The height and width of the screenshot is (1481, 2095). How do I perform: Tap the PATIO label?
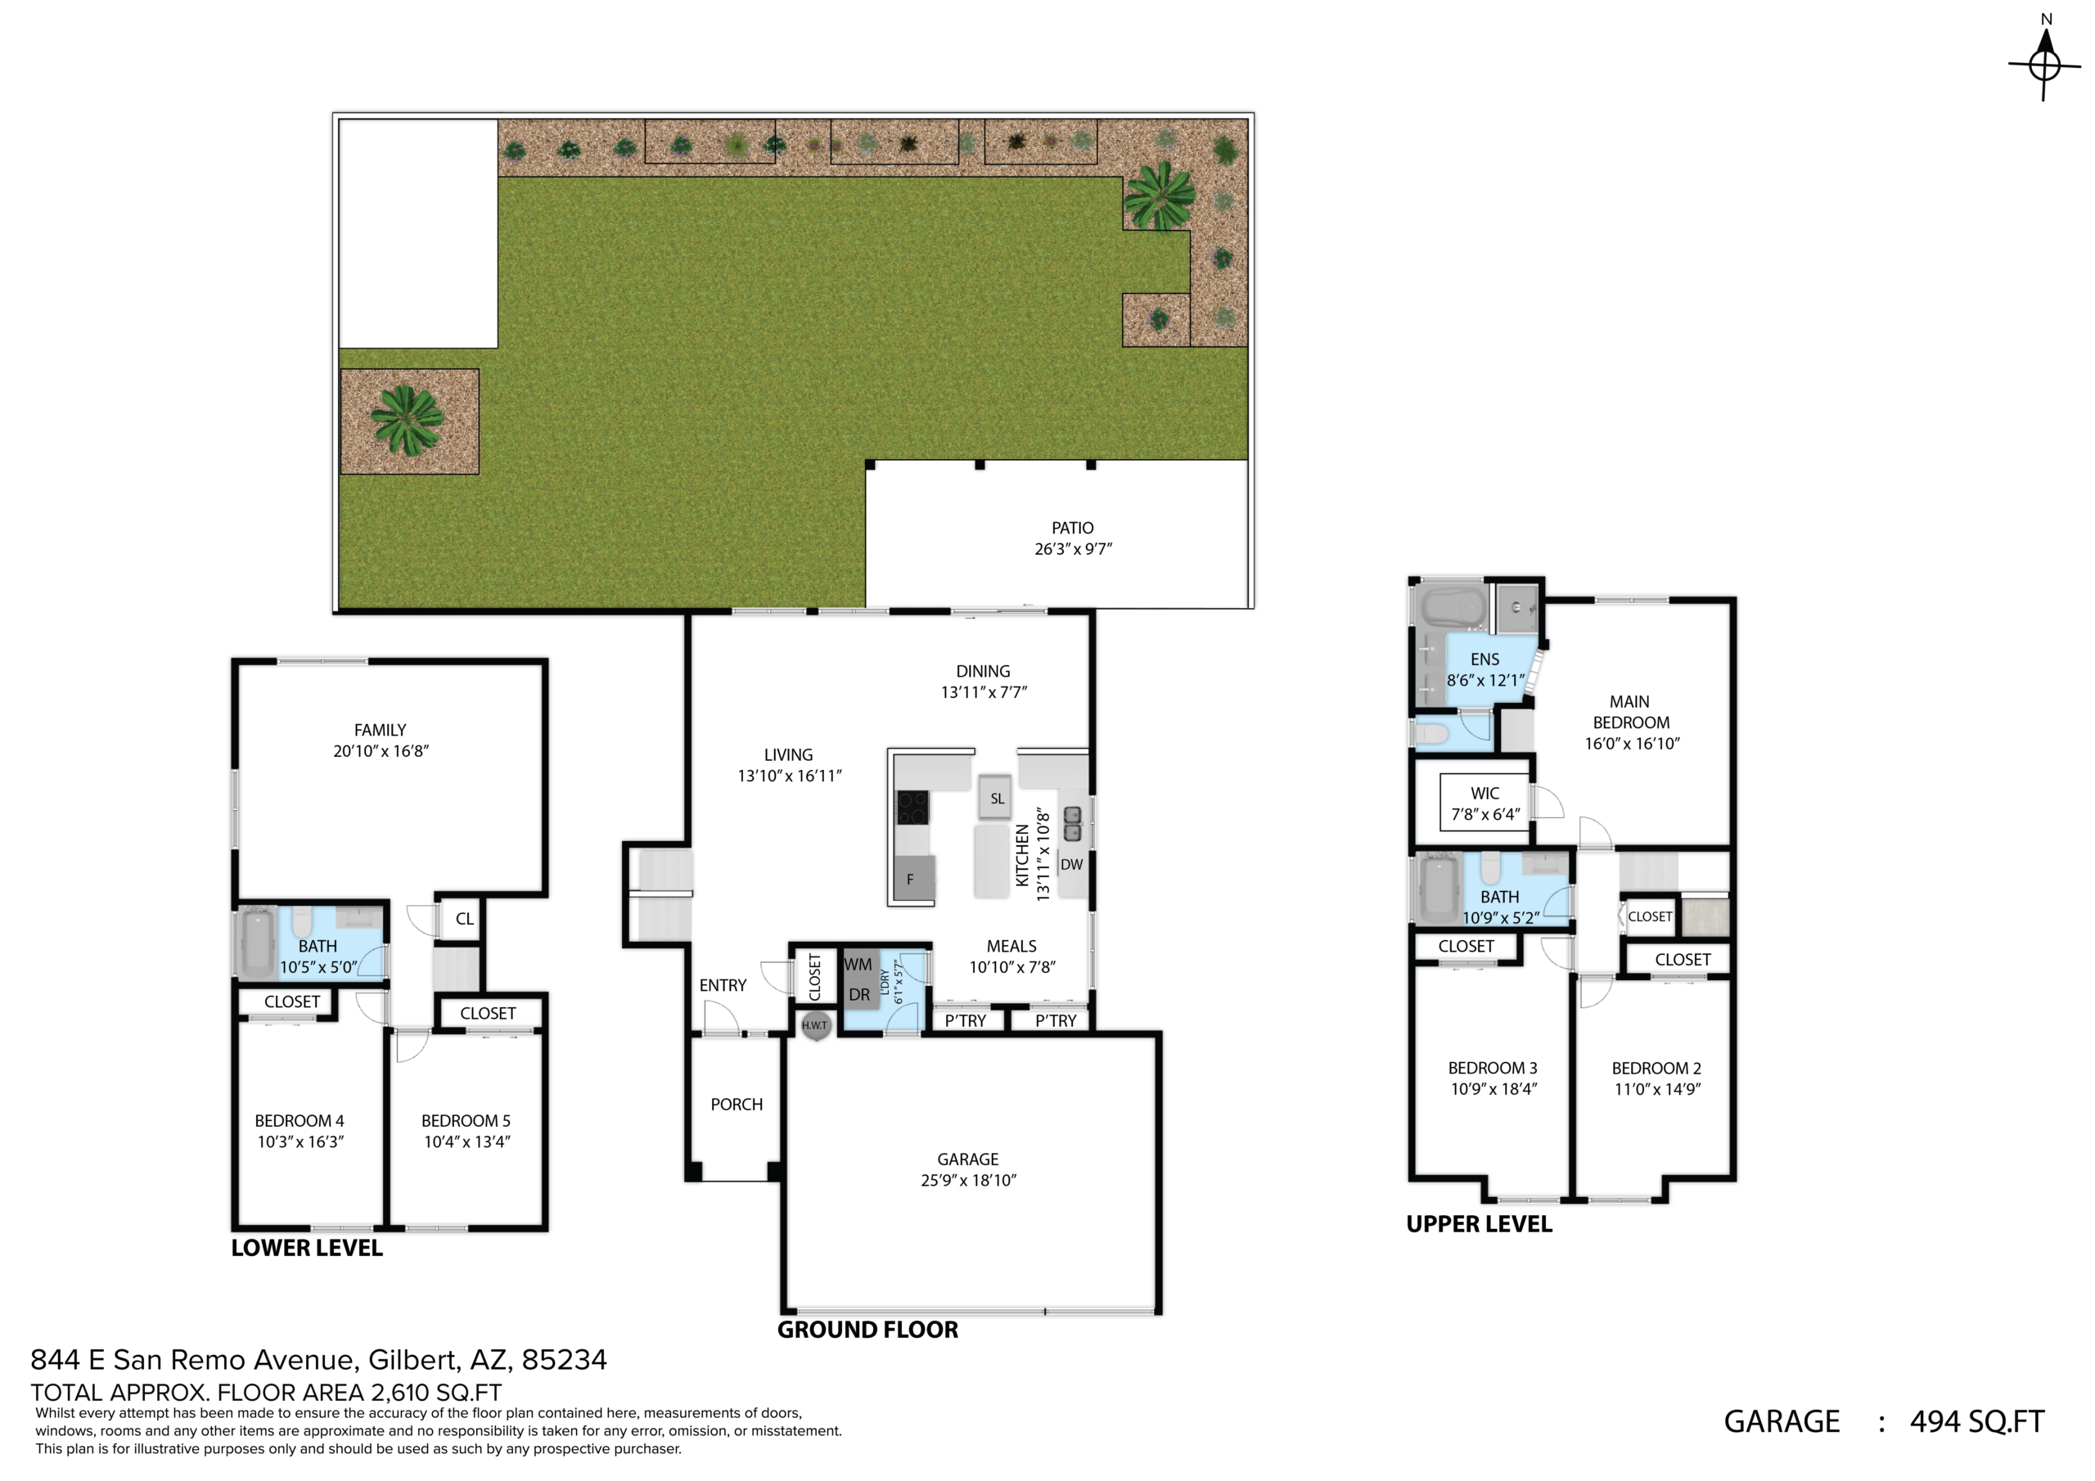[x=1072, y=528]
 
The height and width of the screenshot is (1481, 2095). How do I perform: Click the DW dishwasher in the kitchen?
[x=1072, y=864]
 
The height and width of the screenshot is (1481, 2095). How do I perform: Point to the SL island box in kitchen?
[x=997, y=798]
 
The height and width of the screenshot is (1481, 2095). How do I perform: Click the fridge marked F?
[x=914, y=879]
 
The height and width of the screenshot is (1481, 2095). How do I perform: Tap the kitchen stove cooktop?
[x=912, y=808]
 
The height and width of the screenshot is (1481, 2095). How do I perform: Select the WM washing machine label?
[x=858, y=965]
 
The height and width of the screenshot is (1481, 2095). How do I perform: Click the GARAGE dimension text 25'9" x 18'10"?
[x=968, y=1180]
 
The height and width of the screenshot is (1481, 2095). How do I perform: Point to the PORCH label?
[x=737, y=1104]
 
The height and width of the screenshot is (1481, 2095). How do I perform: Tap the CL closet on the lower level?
[x=465, y=919]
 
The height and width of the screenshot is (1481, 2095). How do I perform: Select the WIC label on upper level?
[x=1485, y=793]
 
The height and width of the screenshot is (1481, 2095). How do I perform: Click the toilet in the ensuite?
[x=1430, y=734]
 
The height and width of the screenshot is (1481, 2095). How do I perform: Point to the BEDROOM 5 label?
[x=466, y=1120]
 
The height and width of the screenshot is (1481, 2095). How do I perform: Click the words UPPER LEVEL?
[x=1479, y=1225]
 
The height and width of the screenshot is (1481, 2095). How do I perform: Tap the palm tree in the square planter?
[x=407, y=419]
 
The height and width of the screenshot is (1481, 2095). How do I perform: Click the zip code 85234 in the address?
[x=564, y=1360]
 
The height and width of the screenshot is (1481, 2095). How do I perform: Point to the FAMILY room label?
[x=380, y=730]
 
